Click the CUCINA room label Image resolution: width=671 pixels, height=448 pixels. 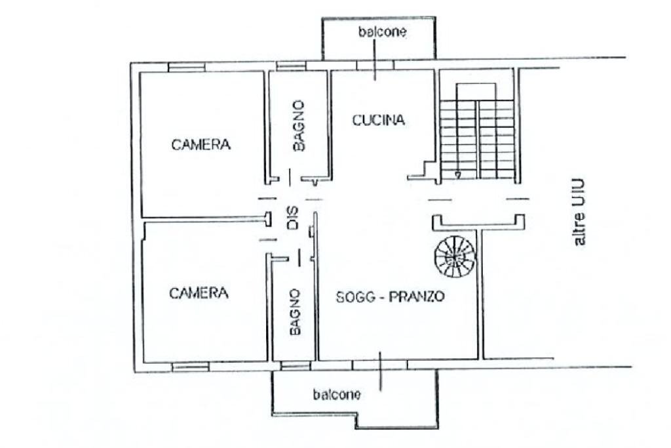point(379,120)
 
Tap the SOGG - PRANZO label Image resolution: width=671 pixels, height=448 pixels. point(390,296)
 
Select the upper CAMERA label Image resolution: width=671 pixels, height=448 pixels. point(201,145)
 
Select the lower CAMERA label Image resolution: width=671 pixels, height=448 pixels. point(199,293)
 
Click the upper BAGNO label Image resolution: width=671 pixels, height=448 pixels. point(299,126)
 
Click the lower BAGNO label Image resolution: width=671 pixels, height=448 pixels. point(295,313)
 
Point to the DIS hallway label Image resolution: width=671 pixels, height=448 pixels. point(292,218)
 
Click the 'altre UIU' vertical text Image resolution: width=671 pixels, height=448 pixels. point(580,213)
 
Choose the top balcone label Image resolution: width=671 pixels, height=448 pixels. point(382,32)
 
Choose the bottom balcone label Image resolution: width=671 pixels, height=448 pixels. point(336,395)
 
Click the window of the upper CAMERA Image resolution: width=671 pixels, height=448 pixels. point(187,66)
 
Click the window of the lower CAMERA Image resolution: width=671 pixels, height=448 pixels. point(190,366)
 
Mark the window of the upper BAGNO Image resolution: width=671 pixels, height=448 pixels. point(286,66)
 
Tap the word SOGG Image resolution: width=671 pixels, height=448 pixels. point(354,296)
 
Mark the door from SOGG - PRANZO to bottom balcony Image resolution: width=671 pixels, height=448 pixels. point(381,365)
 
